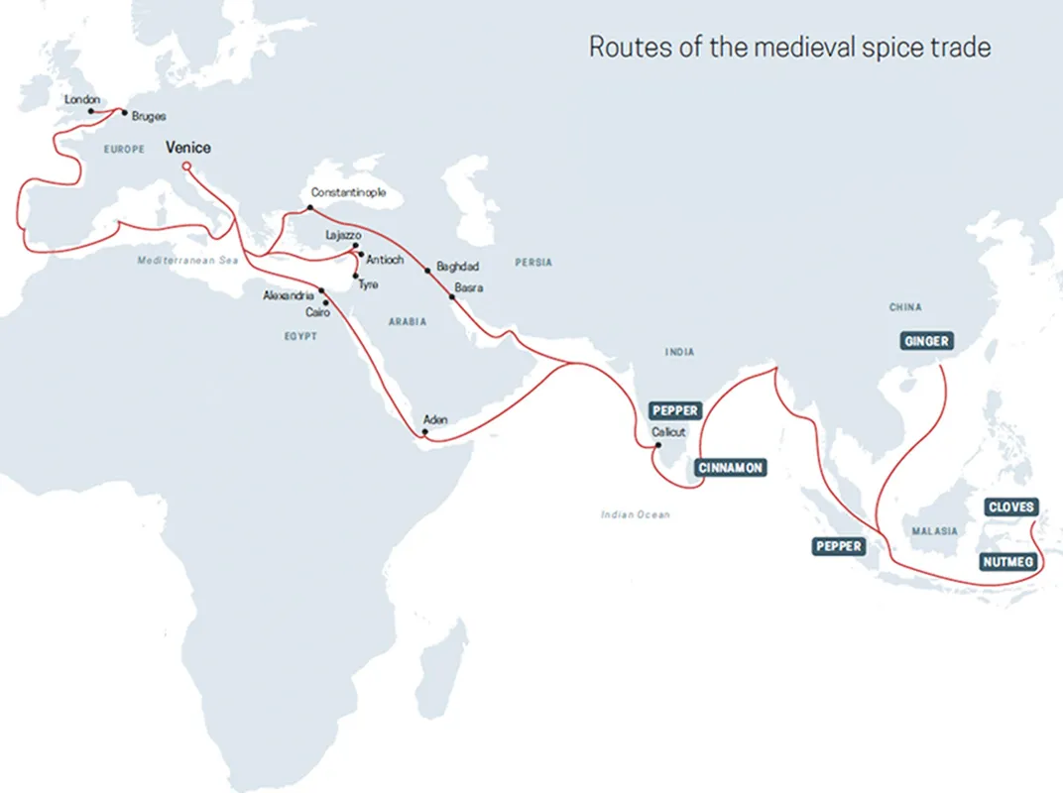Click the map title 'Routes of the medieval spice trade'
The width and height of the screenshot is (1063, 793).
tap(789, 47)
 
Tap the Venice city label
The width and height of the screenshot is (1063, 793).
tap(187, 148)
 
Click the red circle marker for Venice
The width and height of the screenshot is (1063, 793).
tap(186, 167)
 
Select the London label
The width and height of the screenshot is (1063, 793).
tap(81, 100)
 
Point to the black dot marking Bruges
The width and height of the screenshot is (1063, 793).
tap(124, 113)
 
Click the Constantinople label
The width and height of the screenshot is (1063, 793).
tap(348, 192)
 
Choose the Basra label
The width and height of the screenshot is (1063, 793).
tap(468, 287)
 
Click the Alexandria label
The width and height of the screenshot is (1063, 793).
tap(289, 295)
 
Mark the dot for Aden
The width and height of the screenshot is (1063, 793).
tap(425, 432)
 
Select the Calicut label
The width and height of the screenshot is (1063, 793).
tap(668, 432)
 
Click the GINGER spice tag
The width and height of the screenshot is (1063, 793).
tap(926, 341)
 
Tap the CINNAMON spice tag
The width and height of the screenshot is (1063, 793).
tap(732, 468)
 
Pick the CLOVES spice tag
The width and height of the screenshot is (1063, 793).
tap(1010, 508)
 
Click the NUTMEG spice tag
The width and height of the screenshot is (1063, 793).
tap(1008, 562)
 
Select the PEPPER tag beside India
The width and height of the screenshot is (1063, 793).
tap(675, 410)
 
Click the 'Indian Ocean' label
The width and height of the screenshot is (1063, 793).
tap(635, 514)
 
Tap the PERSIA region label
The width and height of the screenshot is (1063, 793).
tap(533, 263)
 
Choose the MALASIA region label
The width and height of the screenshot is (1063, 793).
tap(935, 531)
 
